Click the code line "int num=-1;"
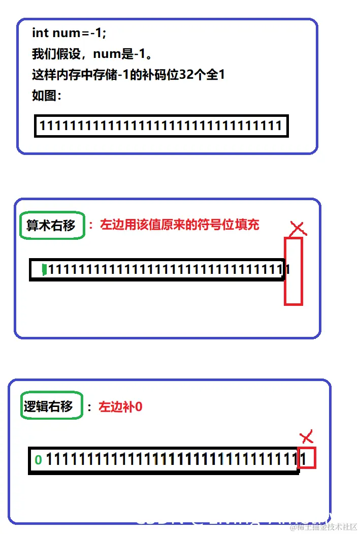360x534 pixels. pos(70,33)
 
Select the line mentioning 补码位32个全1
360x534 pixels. pos(128,75)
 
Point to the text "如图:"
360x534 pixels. pos(47,96)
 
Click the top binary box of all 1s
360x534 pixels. pos(161,126)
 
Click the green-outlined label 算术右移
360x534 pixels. pos(51,225)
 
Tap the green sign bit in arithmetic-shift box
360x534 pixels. pos(44,269)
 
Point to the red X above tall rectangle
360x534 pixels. pos(299,229)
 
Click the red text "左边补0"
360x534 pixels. pos(121,406)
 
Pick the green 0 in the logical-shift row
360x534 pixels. pos(38,460)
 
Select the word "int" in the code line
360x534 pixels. pos(40,33)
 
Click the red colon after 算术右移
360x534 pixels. pos(91,225)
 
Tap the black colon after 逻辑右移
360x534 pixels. pos(89,407)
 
